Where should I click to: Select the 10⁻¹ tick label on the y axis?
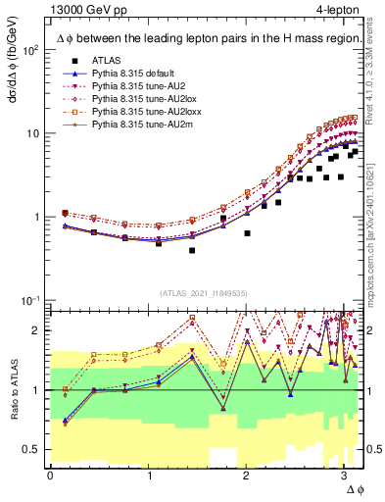(x=29, y=300)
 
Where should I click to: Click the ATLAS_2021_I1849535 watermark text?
(x=196, y=293)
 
